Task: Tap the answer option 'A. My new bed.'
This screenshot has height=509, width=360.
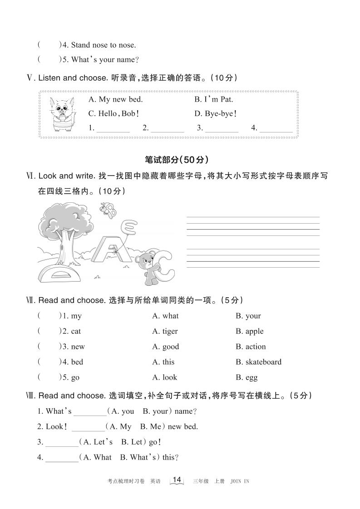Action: click(x=115, y=99)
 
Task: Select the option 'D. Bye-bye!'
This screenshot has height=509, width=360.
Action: click(x=216, y=114)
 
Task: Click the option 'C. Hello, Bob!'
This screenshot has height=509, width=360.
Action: click(x=113, y=114)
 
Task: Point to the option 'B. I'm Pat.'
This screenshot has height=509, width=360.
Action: click(x=213, y=99)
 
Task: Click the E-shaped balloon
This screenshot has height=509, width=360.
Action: click(x=129, y=226)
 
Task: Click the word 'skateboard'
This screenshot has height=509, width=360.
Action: click(x=263, y=362)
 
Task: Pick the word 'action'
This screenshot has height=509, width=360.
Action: click(x=255, y=347)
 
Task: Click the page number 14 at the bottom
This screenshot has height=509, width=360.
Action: click(x=177, y=480)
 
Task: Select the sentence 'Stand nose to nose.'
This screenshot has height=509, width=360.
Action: click(x=104, y=45)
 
